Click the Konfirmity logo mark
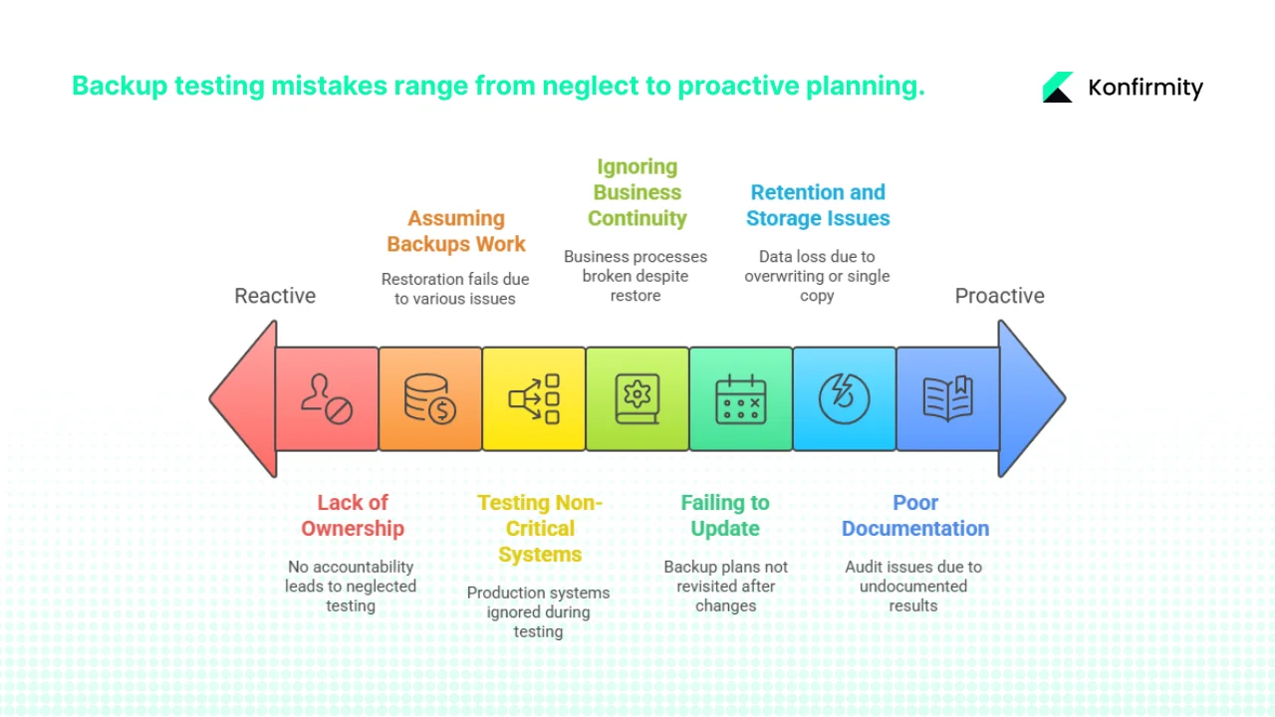click(1058, 87)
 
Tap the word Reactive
click(275, 296)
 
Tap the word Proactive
click(999, 296)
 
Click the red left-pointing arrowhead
click(244, 399)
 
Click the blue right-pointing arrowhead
click(1031, 399)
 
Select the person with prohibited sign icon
click(327, 399)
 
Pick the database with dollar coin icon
click(429, 399)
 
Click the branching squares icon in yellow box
click(534, 399)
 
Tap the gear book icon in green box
click(637, 399)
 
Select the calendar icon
click(740, 399)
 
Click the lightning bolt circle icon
click(844, 399)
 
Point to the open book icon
click(947, 399)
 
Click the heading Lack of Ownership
click(353, 516)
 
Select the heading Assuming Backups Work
click(456, 231)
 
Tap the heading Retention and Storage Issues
click(818, 205)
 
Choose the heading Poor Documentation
click(915, 516)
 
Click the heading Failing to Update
click(725, 516)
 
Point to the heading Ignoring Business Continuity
click(637, 192)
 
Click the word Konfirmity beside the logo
click(1146, 88)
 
